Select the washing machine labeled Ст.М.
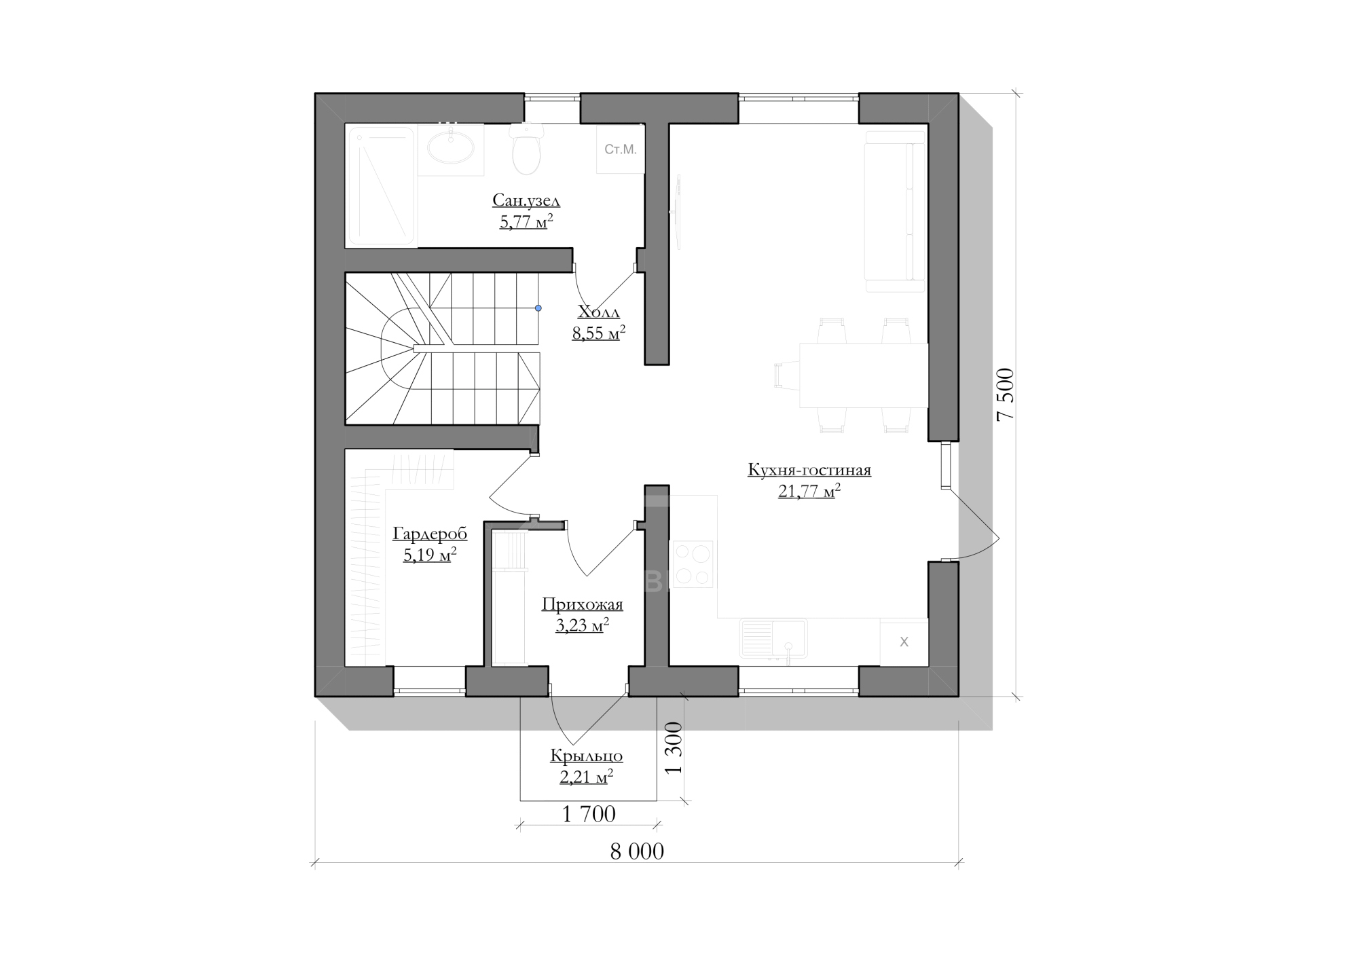point(620,149)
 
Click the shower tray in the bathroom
point(381,186)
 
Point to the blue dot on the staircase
point(538,308)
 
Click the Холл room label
point(598,312)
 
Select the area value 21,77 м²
point(809,491)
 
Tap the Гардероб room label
point(430,534)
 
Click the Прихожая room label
point(582,604)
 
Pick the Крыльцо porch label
point(587,756)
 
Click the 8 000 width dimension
point(637,851)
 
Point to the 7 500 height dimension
point(1006,394)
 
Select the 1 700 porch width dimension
point(589,814)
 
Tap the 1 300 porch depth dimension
point(673,749)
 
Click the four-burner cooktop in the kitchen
point(692,564)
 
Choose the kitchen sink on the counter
point(773,638)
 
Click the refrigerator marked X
point(904,642)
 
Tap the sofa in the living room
point(895,211)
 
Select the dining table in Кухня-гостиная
point(864,375)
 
